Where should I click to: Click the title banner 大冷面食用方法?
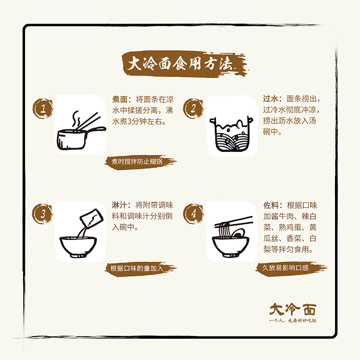[185, 64]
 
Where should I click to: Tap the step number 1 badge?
[43, 108]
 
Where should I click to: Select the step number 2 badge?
[193, 108]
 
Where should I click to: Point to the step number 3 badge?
[43, 214]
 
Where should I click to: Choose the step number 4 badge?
[193, 214]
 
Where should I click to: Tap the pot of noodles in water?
[231, 134]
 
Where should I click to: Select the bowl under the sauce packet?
[78, 247]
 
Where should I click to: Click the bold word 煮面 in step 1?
[120, 99]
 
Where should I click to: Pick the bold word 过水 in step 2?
[270, 99]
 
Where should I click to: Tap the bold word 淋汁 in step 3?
[120, 205]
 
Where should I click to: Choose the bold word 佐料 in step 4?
[271, 205]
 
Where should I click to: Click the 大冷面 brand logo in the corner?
[293, 309]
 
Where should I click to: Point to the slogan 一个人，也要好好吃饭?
[293, 321]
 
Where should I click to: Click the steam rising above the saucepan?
[76, 119]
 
